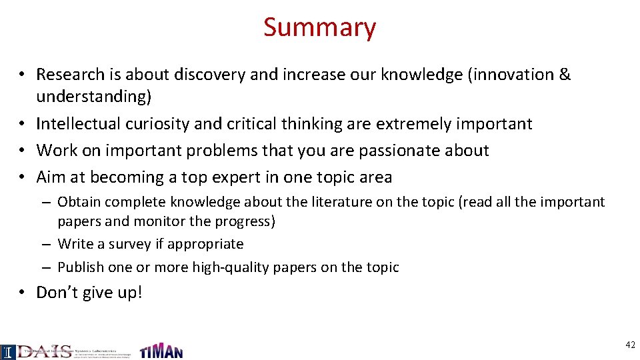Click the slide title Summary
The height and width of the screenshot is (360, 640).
319,27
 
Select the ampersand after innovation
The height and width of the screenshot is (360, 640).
565,75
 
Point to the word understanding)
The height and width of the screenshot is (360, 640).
94,97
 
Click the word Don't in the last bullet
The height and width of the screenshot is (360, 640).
55,293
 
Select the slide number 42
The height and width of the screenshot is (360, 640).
630,345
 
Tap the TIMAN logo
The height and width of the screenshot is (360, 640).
161,351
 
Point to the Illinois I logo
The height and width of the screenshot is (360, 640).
7,352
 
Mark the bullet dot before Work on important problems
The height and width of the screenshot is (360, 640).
22,151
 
